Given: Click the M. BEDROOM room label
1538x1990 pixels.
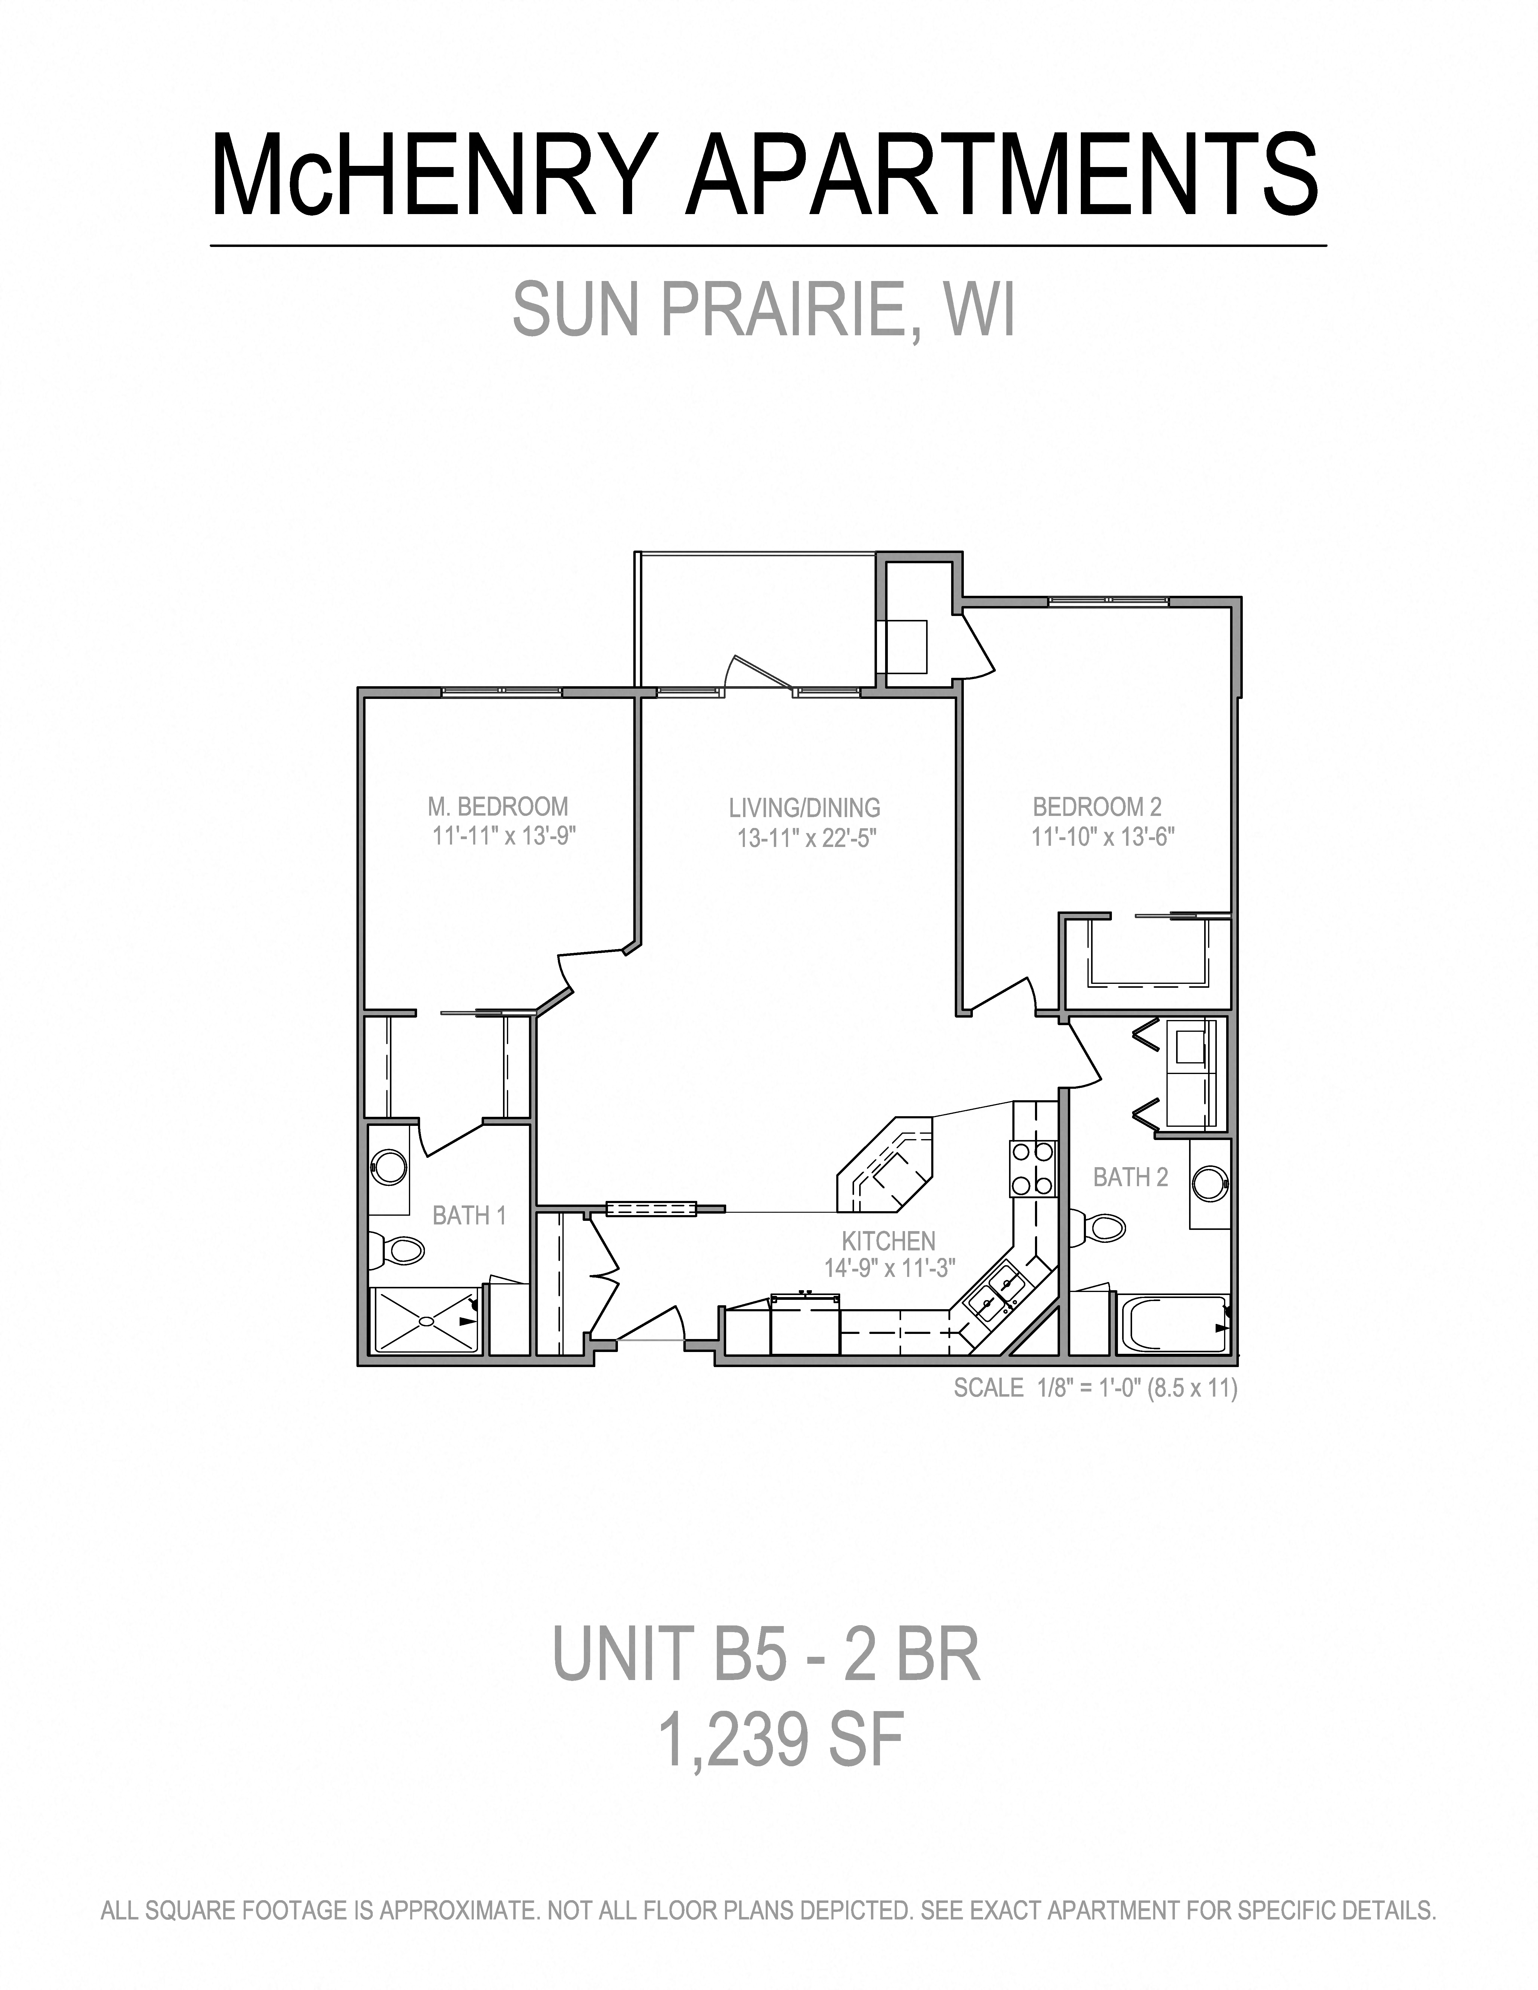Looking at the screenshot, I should (498, 806).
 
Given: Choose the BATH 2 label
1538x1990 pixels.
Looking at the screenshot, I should (1130, 1177).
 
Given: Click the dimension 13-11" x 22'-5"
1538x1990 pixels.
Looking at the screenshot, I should (806, 837).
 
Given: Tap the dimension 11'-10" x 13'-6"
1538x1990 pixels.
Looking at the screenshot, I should (1103, 836).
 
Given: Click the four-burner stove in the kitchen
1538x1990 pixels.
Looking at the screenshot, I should (1032, 1168).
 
